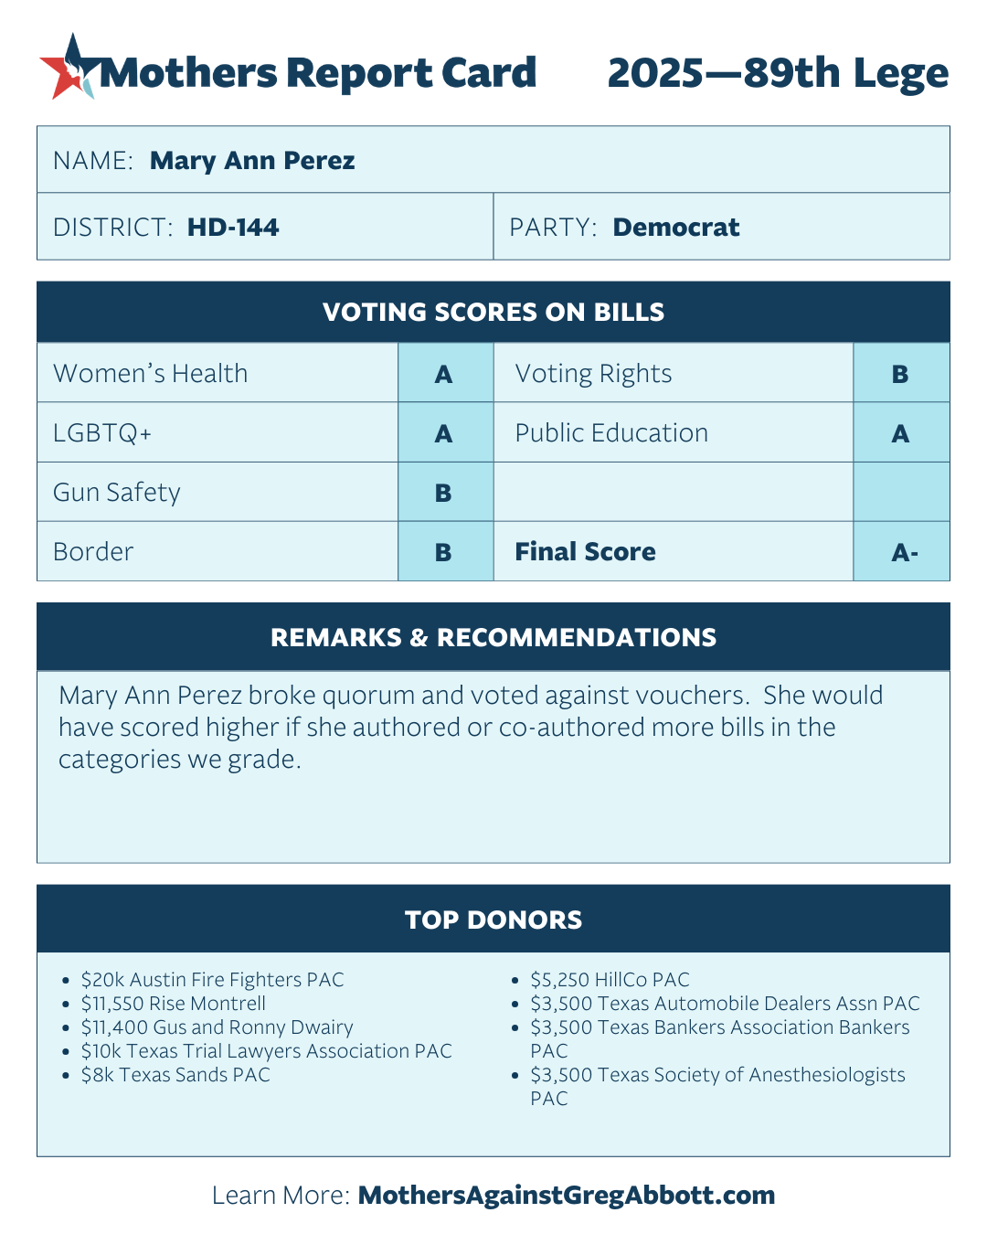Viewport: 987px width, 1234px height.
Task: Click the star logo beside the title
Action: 69,68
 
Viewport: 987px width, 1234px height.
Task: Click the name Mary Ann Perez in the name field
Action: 252,161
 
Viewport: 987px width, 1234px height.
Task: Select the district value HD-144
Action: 233,228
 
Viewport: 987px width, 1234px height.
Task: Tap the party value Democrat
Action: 675,228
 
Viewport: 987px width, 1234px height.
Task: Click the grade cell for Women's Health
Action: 444,374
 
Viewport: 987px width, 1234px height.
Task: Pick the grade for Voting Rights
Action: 900,374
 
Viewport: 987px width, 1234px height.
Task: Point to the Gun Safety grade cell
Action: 444,493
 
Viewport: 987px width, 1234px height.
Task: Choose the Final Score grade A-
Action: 904,552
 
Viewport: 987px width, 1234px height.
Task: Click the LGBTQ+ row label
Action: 102,433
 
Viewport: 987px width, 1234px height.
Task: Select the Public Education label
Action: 611,433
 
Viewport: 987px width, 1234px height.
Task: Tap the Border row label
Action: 93,552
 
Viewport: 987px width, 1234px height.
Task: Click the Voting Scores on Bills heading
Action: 493,313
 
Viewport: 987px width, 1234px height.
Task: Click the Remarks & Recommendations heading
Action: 493,638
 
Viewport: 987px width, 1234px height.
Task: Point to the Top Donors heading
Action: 493,920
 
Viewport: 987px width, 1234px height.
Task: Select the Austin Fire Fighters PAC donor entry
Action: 212,980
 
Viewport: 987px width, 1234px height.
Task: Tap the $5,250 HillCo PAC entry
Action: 610,980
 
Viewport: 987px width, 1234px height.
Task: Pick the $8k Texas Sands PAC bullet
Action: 175,1075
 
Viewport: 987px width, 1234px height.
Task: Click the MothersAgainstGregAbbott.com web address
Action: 567,1196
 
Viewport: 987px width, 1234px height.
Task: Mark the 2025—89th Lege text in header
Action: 778,73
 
